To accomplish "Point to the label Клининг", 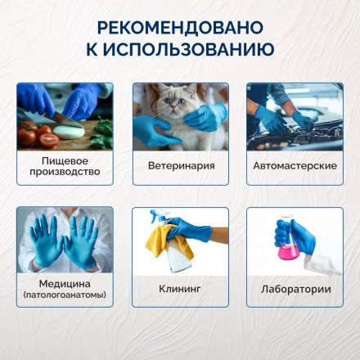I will [x=178, y=289].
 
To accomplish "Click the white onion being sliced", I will [x=64, y=130].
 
